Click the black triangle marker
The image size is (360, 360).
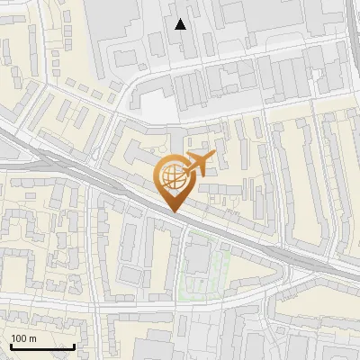click(181, 24)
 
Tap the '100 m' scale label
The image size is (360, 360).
click(24, 338)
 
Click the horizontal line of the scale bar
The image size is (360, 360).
click(42, 346)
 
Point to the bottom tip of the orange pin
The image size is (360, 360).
click(175, 212)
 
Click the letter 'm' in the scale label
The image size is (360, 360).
click(32, 338)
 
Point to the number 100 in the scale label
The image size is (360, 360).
click(20, 338)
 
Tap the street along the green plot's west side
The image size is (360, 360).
click(182, 265)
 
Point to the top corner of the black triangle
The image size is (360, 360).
click(181, 19)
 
